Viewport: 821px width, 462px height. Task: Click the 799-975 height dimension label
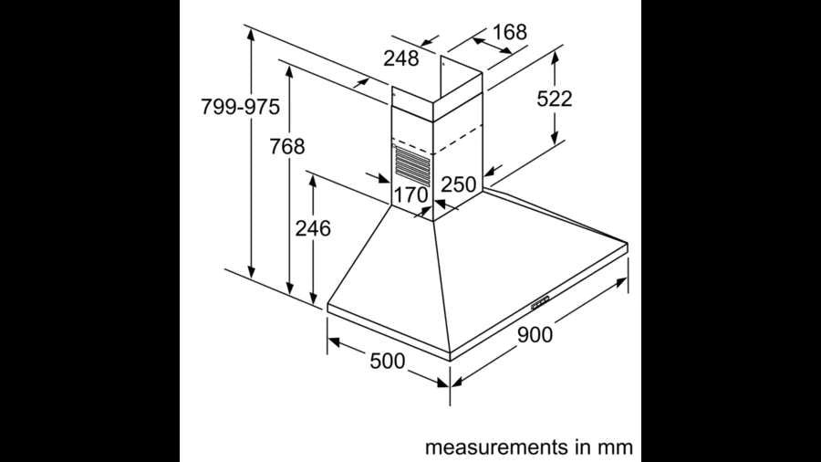[240, 107]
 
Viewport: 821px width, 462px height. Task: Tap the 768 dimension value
[287, 146]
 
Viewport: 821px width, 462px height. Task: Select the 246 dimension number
[313, 228]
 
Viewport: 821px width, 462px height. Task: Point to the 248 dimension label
[401, 58]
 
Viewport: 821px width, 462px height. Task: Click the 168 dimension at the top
[509, 32]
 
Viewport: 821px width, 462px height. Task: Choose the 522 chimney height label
[555, 99]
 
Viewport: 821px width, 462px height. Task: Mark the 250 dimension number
[458, 184]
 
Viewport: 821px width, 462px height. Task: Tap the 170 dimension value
[411, 195]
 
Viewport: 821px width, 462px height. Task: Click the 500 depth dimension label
[388, 361]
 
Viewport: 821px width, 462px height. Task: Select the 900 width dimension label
[535, 335]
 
